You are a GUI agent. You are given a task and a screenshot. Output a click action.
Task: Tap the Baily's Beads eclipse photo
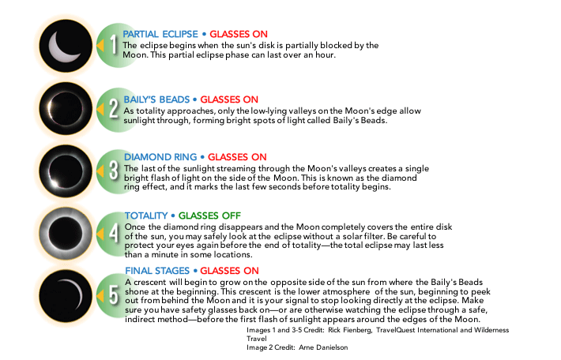click(66, 107)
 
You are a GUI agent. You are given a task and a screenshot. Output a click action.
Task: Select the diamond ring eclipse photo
click(66, 169)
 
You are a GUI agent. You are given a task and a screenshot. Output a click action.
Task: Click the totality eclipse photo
click(66, 231)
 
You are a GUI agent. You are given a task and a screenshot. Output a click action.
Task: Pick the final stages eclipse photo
click(66, 292)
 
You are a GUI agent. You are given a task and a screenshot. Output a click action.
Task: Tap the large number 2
click(113, 107)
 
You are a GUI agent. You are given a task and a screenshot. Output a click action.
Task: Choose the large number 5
click(113, 294)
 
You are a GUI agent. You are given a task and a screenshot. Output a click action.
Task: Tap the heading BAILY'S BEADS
click(157, 99)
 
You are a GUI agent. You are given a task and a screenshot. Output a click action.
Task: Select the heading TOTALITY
click(147, 216)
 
